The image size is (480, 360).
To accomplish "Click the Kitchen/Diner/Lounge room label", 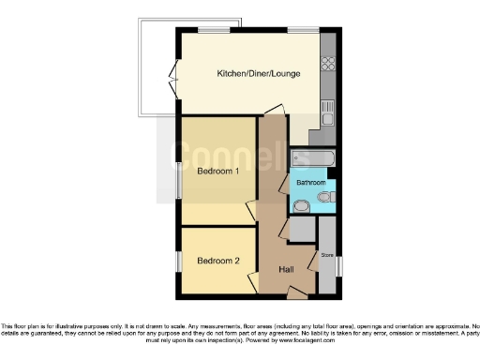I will [258, 73].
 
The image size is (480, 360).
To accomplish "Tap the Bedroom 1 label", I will [217, 171].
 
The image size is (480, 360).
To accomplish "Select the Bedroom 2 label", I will [217, 261].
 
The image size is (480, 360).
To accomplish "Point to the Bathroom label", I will [312, 182].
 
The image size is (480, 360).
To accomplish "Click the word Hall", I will [287, 270].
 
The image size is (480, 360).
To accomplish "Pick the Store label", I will [327, 254].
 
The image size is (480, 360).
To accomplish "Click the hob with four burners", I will [329, 65].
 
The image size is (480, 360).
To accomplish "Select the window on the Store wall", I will [339, 265].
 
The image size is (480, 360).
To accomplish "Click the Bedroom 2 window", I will [179, 260].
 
